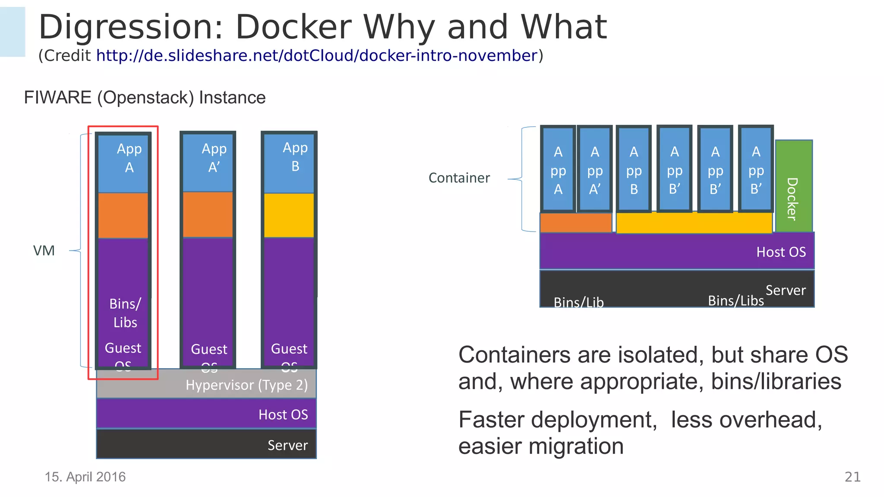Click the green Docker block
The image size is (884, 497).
[x=793, y=186]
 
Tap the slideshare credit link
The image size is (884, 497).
[x=316, y=56]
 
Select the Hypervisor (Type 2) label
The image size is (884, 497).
[x=246, y=385]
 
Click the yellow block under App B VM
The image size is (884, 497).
[x=289, y=215]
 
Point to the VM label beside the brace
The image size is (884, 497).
[x=44, y=251]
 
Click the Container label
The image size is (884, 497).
[x=459, y=178]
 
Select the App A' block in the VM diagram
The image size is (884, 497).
[x=208, y=162]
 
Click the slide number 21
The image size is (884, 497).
[x=852, y=477]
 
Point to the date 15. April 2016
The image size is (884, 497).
[x=85, y=477]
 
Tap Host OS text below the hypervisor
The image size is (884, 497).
[x=283, y=415]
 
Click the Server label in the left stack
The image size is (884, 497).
[x=287, y=446]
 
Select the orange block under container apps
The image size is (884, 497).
[x=575, y=223]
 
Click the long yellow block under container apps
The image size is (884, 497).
[x=694, y=223]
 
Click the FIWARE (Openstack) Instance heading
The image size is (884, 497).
[x=145, y=98]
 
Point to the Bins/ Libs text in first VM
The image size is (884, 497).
[x=125, y=313]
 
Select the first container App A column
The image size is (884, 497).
[x=558, y=170]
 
